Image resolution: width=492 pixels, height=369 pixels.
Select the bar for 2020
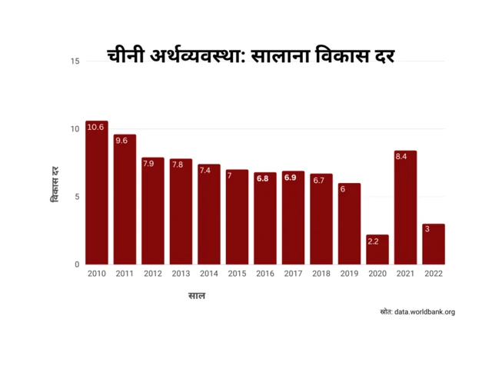coord(377,249)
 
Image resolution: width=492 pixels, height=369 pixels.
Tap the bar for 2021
coord(405,208)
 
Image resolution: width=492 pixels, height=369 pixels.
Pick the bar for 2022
coord(434,244)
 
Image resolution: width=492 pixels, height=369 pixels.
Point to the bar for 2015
coord(237,217)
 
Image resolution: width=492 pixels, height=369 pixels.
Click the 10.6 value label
coord(96,127)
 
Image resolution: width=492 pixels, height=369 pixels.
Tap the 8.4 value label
coord(401,157)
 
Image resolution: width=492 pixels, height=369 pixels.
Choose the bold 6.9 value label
coord(290,178)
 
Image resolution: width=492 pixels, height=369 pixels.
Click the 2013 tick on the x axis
coord(181,274)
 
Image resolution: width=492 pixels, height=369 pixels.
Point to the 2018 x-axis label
coord(321,274)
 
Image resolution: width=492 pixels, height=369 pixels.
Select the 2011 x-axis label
coord(125,274)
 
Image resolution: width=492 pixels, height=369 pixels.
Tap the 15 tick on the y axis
coord(75,61)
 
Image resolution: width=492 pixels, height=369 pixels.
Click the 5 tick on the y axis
coord(77,197)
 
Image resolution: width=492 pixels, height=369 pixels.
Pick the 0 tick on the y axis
coord(77,264)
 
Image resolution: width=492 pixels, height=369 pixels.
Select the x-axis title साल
coord(197,295)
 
